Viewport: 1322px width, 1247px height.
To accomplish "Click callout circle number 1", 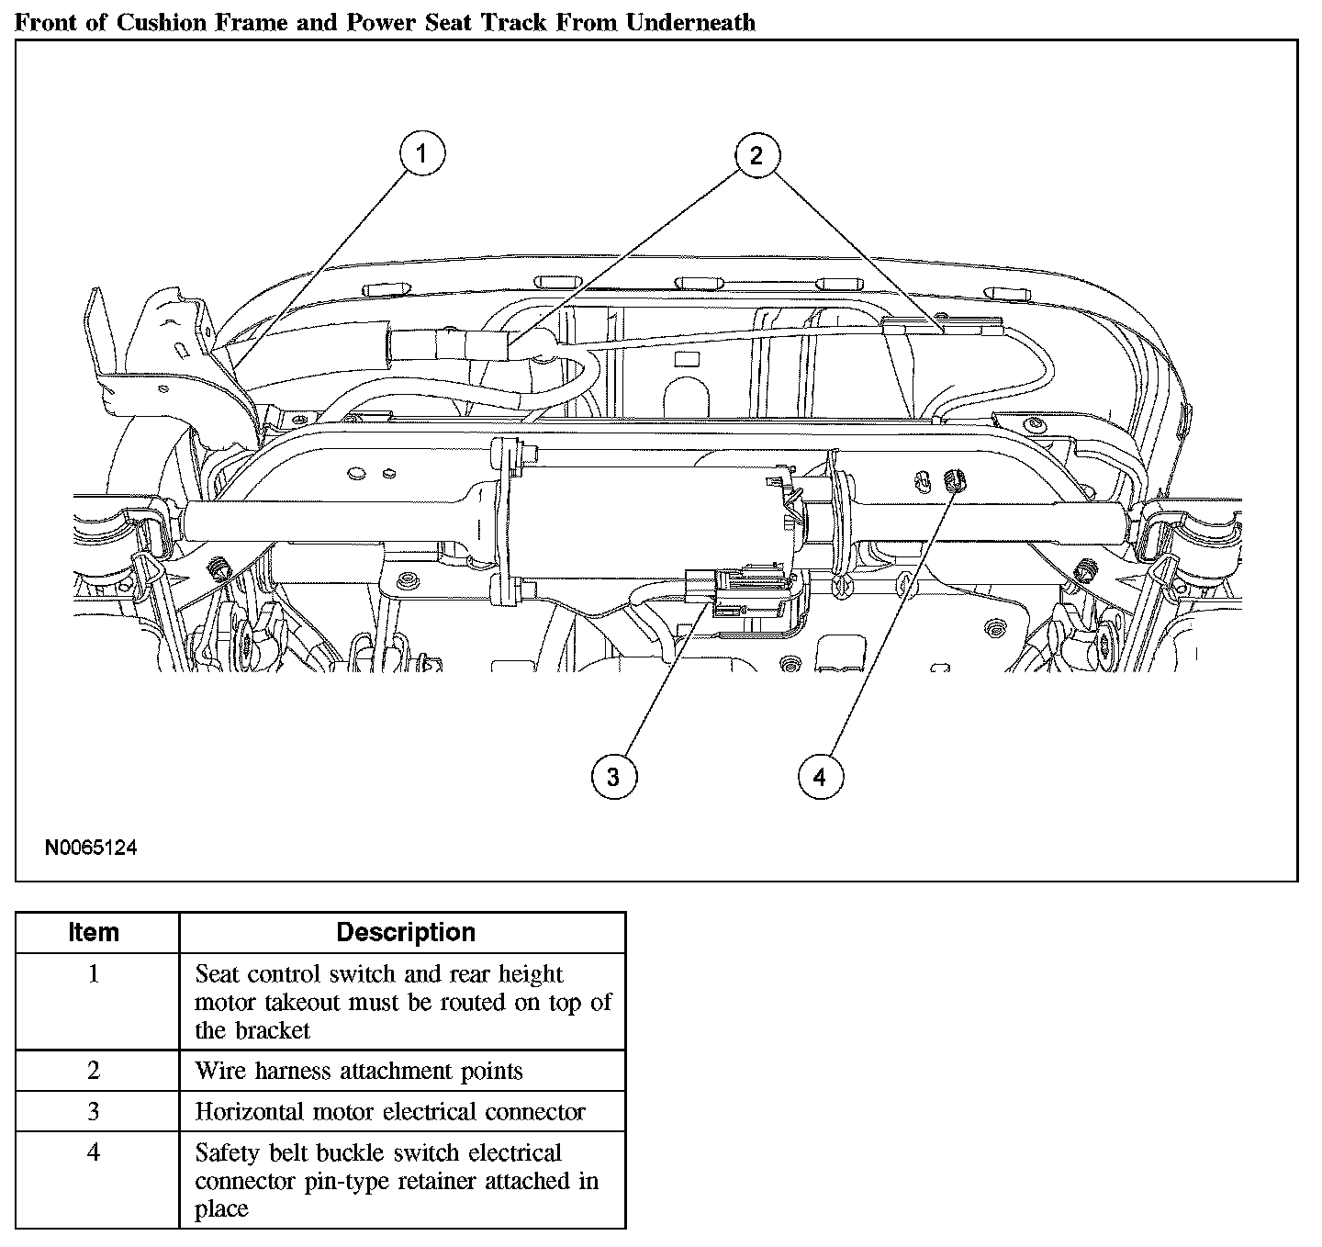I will point(421,154).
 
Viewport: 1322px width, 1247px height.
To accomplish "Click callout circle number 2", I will point(756,154).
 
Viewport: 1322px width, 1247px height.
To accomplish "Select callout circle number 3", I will point(613,777).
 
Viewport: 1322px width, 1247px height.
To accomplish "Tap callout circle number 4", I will point(819,777).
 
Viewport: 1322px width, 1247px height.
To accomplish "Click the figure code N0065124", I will point(91,848).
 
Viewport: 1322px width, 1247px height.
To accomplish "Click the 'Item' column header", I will point(94,932).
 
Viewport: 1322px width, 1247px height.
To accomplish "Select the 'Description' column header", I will point(406,932).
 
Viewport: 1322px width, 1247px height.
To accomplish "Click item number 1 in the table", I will point(94,973).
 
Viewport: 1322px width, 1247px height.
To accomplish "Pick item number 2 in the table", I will point(94,1071).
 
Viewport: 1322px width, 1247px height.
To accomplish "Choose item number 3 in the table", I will point(94,1112).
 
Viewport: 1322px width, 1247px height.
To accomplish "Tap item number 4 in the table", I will point(94,1152).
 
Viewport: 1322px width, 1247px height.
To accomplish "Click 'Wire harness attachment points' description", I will point(358,1071).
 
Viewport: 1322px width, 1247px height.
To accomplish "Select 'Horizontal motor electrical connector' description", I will point(390,1112).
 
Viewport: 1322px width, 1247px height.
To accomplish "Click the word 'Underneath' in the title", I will point(690,22).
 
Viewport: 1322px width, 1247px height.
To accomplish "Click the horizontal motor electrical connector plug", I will point(734,591).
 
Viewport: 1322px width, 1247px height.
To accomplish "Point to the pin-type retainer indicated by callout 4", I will point(952,478).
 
